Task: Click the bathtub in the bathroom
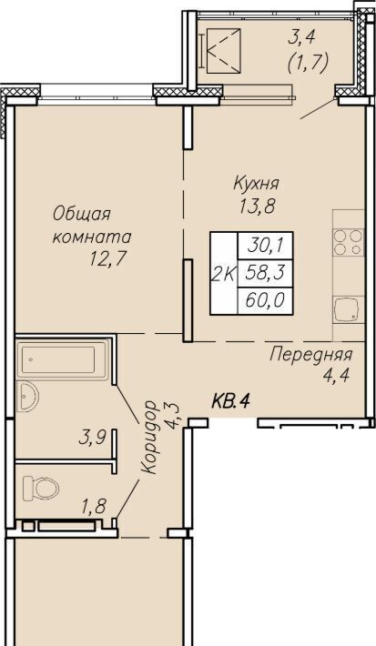63,359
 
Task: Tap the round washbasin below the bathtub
27,396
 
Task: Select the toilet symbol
40,489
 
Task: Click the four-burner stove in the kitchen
349,242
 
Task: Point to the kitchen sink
349,310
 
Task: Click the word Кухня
256,183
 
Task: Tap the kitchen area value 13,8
257,206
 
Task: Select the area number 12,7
107,259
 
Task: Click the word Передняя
310,354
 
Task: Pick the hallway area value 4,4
337,376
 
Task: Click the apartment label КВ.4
231,400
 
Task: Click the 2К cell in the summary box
224,274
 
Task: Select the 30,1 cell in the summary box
266,246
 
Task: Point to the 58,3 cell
266,273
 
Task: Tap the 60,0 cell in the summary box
266,301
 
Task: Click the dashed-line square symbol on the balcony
223,51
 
